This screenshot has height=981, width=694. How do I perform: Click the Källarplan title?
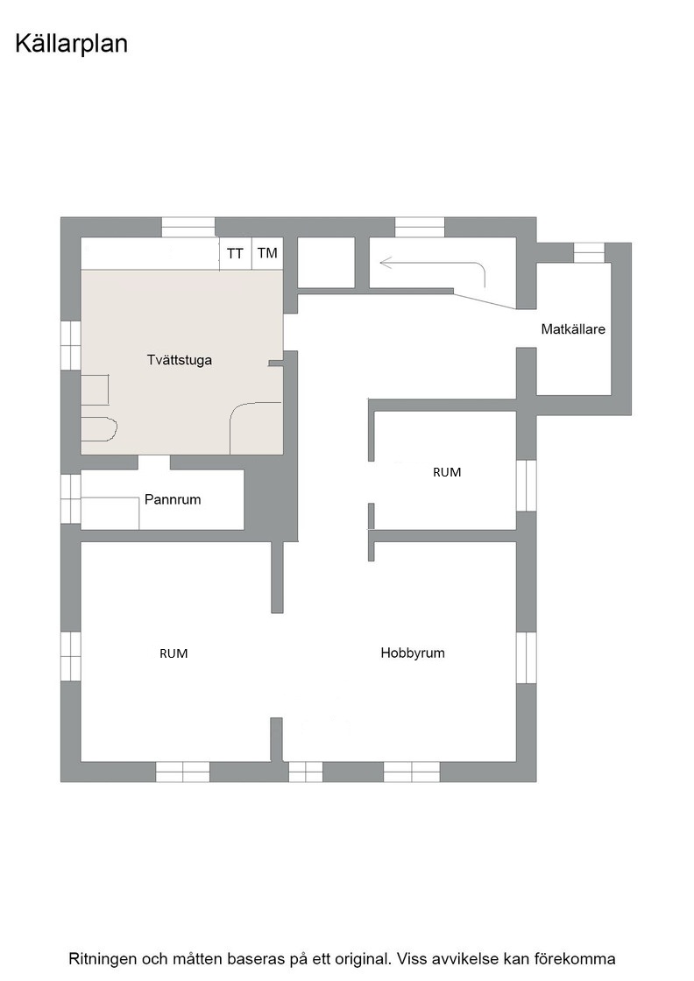[71, 45]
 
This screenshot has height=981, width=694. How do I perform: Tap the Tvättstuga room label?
[180, 360]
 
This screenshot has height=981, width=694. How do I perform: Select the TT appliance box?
[236, 254]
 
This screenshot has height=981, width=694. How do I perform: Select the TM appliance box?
[268, 254]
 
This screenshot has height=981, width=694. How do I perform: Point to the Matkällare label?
[573, 329]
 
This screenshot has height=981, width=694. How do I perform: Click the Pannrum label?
[173, 499]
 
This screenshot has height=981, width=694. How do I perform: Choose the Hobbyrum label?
[413, 653]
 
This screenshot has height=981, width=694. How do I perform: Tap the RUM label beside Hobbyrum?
[174, 653]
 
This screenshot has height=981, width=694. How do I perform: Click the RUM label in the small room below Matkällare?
[447, 472]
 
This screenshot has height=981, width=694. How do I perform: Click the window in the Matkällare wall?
[590, 252]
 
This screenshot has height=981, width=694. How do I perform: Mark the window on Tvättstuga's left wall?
[71, 345]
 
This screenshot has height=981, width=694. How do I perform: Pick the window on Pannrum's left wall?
[71, 498]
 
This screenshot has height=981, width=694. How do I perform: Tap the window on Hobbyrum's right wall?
[527, 658]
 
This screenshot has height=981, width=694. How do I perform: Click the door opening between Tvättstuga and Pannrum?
[154, 462]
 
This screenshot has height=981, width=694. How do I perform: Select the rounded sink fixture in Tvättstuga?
[99, 429]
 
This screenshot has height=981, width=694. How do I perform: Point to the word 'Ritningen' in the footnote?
[103, 959]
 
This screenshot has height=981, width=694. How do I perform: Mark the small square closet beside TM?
[326, 263]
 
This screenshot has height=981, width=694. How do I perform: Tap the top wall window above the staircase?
[420, 227]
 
